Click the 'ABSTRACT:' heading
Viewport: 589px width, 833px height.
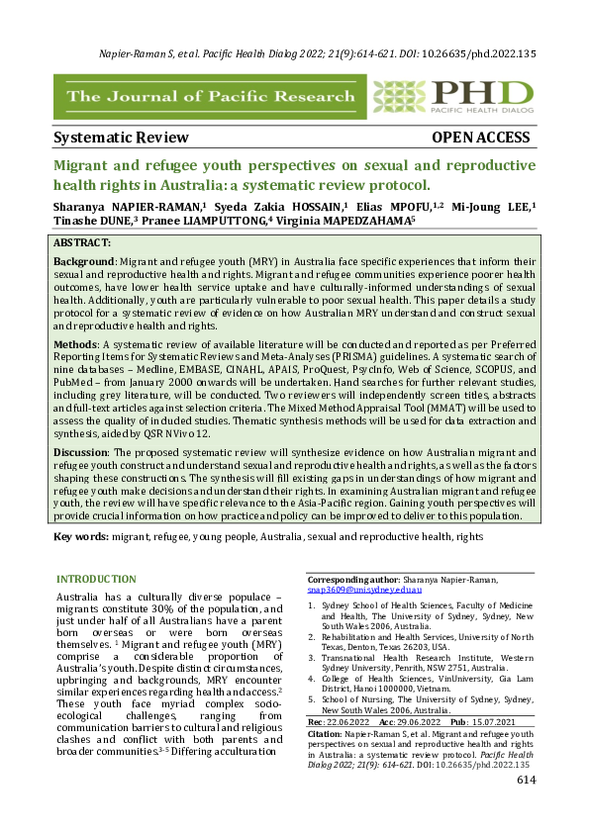pyautogui.click(x=84, y=242)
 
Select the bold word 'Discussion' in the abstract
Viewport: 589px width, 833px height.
pyautogui.click(x=84, y=452)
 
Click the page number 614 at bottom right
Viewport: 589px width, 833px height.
pyautogui.click(x=526, y=809)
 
